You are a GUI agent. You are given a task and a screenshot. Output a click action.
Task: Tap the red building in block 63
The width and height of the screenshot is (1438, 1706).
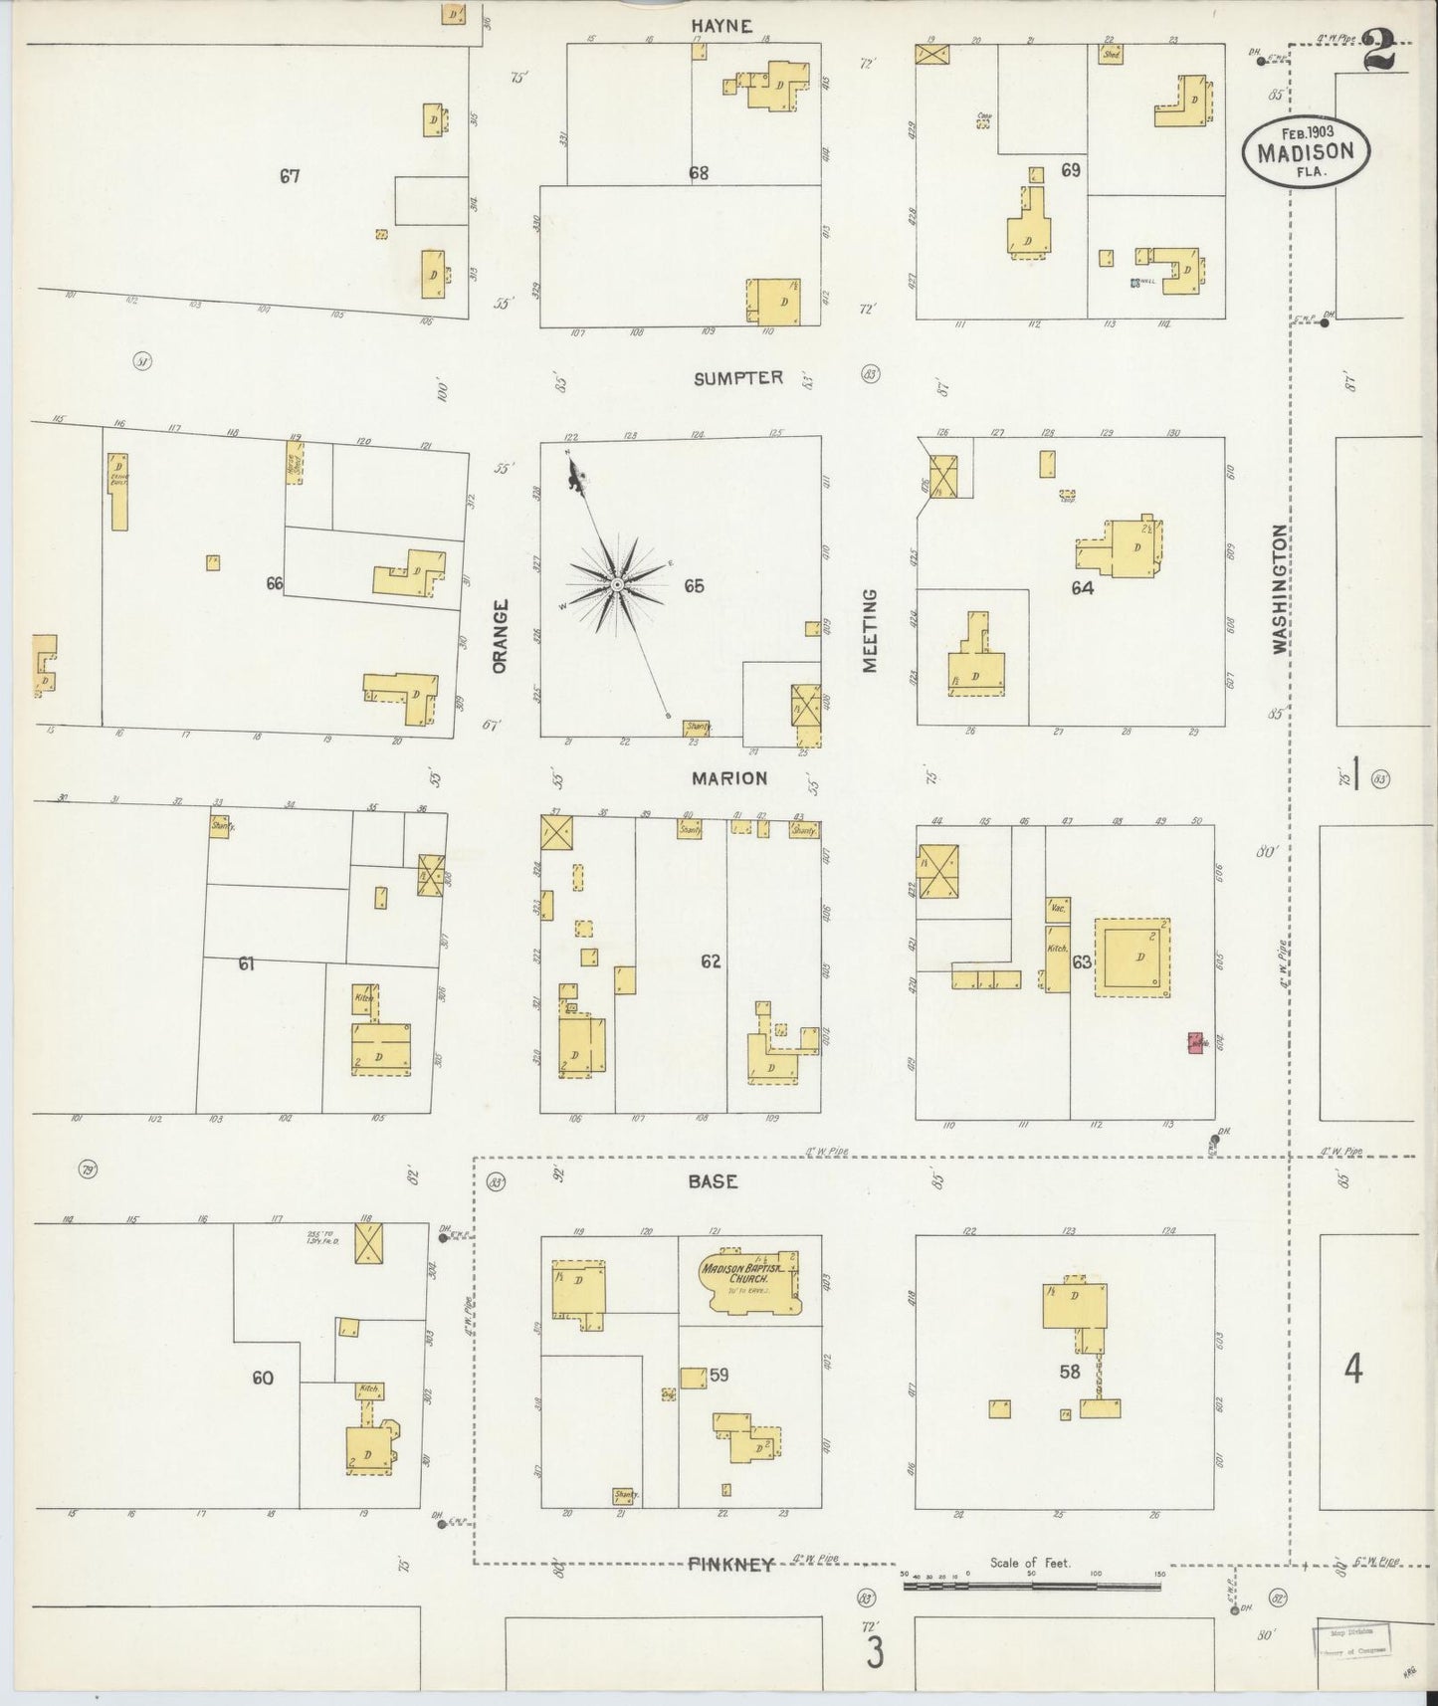click(1196, 1042)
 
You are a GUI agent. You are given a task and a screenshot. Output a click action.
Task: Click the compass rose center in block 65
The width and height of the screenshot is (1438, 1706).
click(617, 584)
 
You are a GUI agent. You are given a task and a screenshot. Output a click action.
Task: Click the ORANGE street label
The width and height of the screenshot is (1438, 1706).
click(500, 635)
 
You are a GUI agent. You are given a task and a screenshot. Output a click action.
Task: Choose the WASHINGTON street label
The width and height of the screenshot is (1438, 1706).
click(1280, 589)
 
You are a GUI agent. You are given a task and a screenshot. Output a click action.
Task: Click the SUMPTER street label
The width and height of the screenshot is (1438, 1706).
click(738, 378)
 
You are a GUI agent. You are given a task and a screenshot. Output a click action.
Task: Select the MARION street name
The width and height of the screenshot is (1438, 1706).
click(730, 778)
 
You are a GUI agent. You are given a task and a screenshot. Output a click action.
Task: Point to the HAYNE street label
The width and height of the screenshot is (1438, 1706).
click(721, 26)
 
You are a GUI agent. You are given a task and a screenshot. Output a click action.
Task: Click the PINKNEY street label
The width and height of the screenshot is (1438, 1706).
click(730, 1564)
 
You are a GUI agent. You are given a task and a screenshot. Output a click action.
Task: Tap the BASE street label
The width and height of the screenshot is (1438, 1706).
click(713, 1181)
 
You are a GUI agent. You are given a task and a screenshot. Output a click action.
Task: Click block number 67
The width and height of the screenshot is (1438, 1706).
click(290, 176)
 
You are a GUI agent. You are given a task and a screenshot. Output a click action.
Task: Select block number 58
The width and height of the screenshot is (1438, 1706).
click(1070, 1371)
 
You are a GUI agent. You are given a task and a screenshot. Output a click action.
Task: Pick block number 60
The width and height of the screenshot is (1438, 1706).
click(263, 1378)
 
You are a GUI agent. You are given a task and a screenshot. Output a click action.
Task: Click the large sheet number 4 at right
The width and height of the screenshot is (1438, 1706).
click(1352, 1370)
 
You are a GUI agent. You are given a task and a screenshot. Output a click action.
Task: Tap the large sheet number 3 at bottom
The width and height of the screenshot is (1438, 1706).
click(875, 1654)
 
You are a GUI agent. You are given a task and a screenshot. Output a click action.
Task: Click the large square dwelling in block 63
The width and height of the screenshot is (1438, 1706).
click(1131, 958)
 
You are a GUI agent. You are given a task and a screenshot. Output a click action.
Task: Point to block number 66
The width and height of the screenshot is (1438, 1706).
click(275, 583)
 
